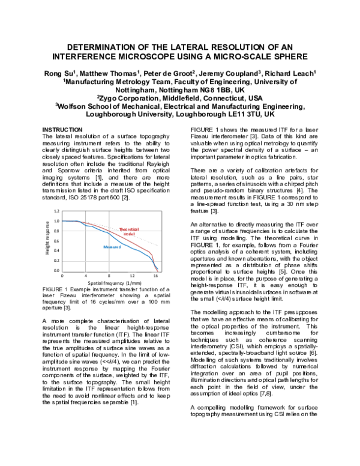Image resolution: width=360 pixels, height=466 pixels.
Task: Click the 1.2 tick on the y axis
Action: (56, 211)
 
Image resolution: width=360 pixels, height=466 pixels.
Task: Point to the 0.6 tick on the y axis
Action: (56, 241)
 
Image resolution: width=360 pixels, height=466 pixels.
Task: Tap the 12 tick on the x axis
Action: (133, 275)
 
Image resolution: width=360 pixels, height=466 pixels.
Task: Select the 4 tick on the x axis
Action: (86, 275)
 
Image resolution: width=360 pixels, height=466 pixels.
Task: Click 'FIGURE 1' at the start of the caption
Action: (55, 289)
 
